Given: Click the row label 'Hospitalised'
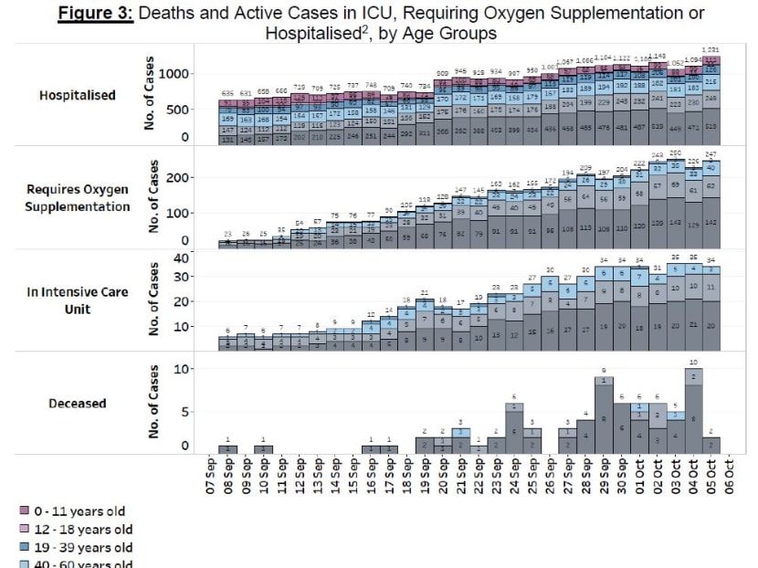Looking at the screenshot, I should click(x=77, y=95).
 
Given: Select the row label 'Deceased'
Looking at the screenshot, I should click(x=78, y=403).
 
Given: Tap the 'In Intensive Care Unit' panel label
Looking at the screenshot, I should click(x=77, y=300).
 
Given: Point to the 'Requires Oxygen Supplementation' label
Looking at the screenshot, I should click(x=77, y=198).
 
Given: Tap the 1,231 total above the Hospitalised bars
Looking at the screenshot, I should click(x=711, y=49).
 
